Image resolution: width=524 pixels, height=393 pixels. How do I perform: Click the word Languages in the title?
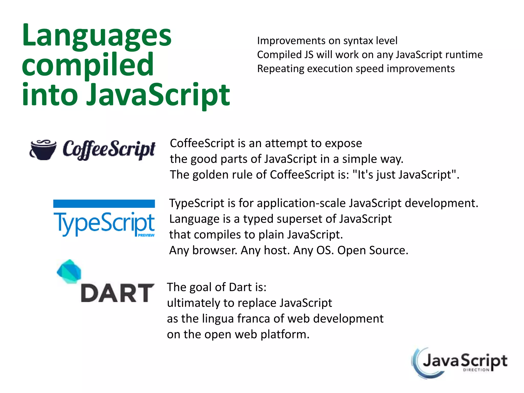click(x=97, y=36)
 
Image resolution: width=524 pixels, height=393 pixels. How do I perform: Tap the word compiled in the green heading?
click(x=88, y=65)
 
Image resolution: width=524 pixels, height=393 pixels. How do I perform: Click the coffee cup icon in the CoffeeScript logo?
click(x=43, y=150)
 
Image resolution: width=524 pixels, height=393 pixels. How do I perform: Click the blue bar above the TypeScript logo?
click(x=104, y=204)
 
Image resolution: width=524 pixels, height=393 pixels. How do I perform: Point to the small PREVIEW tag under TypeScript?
click(x=146, y=235)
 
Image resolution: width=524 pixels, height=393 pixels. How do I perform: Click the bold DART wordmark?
click(x=117, y=293)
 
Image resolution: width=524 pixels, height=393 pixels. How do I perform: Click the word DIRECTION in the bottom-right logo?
click(x=476, y=370)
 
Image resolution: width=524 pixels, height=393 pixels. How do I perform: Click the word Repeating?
click(x=280, y=69)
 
